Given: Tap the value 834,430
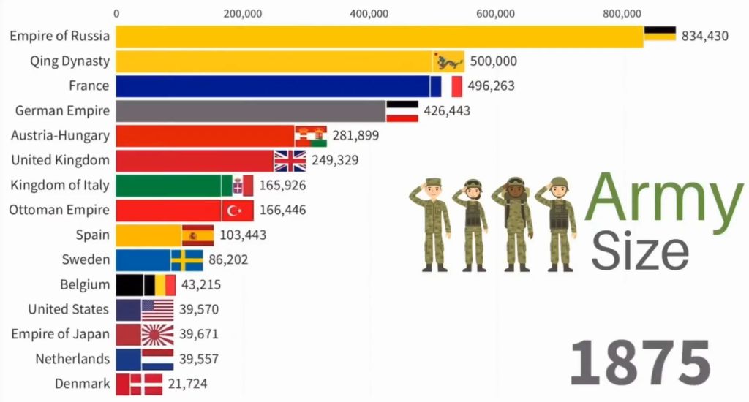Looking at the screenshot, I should tap(704, 36).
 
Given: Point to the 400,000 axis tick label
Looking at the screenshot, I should tap(369, 12).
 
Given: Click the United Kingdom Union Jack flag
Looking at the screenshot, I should tap(290, 160).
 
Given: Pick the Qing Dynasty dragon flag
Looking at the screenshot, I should tap(448, 61).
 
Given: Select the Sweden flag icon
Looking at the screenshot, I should tap(187, 259).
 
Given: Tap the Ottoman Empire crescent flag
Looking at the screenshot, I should tap(238, 211).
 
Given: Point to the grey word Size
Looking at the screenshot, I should tap(639, 250).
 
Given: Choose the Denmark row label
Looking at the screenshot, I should tap(82, 383).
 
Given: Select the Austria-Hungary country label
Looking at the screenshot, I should tap(60, 135).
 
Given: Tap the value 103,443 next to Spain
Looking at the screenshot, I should tap(243, 235).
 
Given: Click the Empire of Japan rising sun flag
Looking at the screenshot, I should tap(157, 334).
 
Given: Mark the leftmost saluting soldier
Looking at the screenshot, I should tap(432, 223).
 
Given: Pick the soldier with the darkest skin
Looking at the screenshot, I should tap(516, 223).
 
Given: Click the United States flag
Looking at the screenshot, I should tap(157, 309).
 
